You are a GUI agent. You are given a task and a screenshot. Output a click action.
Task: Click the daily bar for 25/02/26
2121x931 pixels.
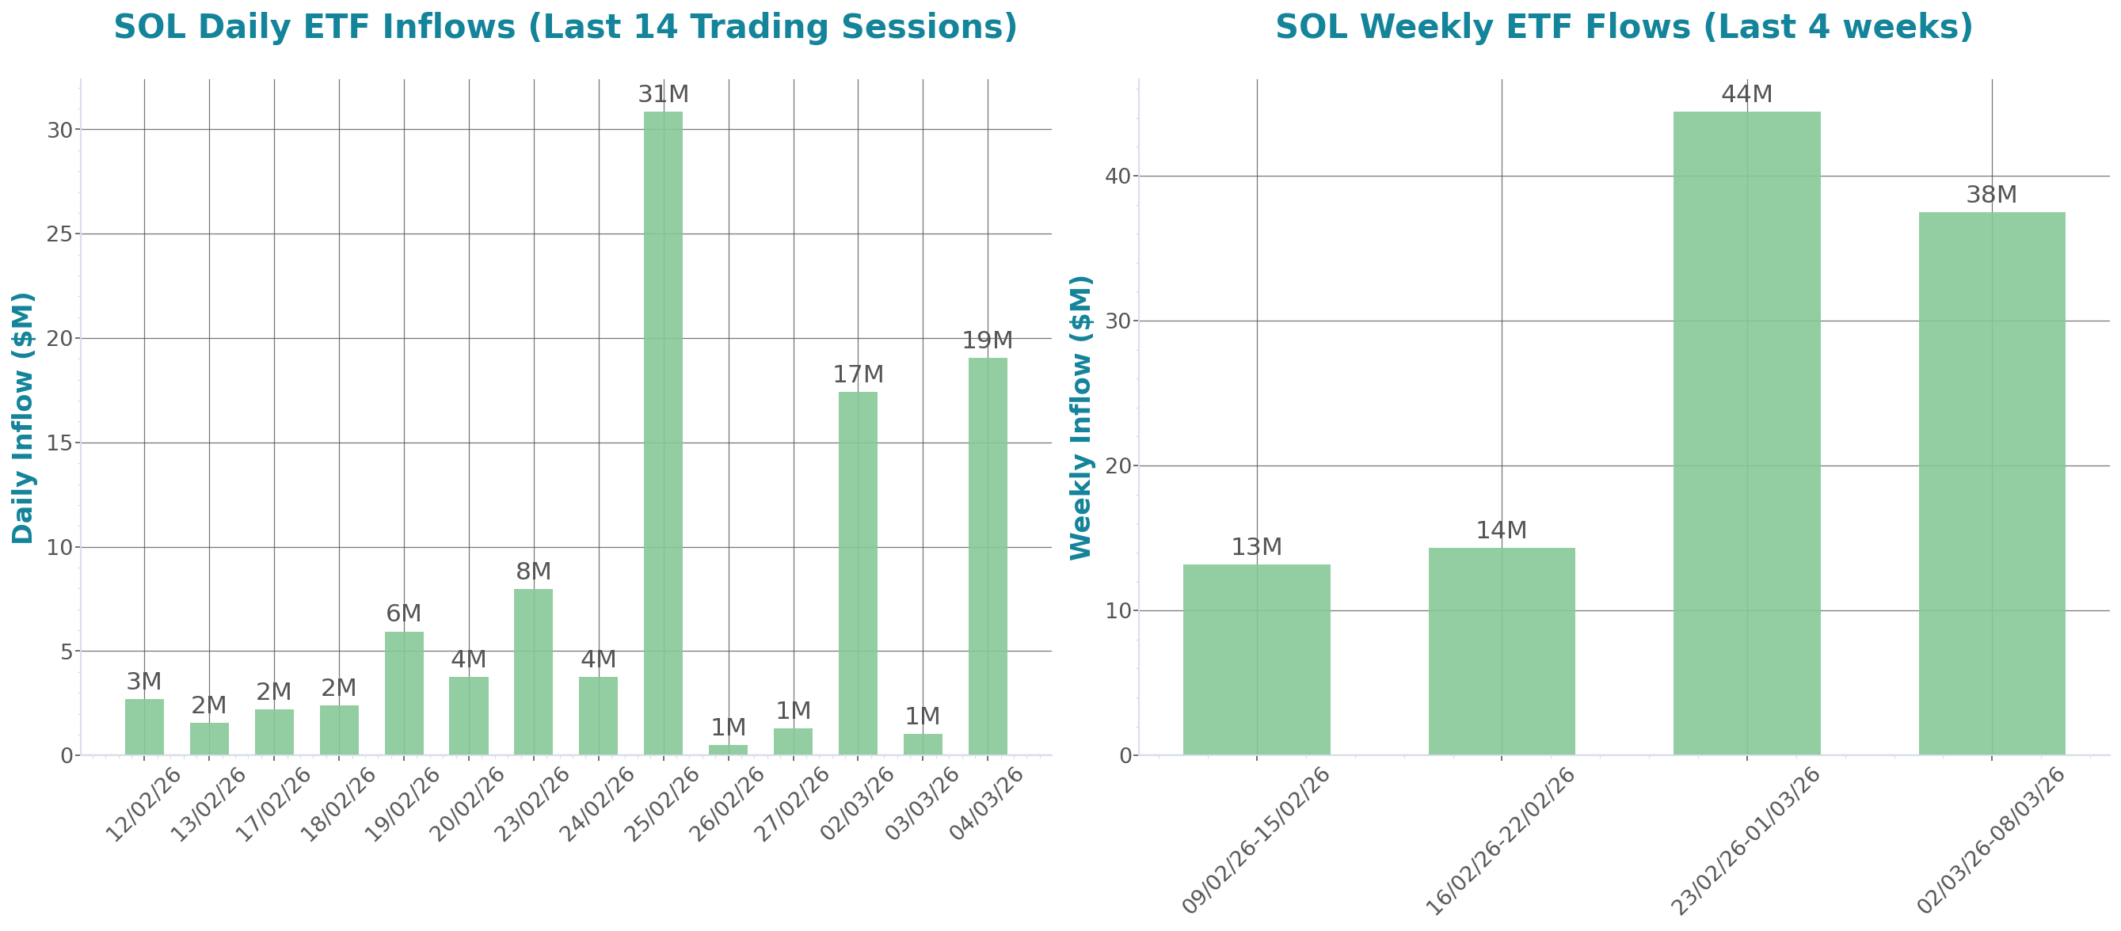tap(663, 432)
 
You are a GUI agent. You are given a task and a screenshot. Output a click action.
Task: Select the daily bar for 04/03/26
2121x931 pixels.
tap(987, 556)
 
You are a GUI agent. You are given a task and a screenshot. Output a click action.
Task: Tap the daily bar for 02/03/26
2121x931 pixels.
tap(858, 573)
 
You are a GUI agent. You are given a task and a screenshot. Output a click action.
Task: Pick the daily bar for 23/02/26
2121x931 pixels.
tap(534, 671)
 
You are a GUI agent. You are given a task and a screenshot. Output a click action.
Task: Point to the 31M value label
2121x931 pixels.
tap(663, 95)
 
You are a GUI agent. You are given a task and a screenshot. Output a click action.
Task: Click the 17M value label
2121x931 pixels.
tap(858, 375)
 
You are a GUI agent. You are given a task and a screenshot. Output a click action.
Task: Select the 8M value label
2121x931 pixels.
tap(534, 572)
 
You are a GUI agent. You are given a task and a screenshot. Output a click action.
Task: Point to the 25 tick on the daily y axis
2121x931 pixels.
tap(60, 234)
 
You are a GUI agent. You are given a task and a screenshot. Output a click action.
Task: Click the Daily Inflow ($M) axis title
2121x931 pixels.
tap(23, 417)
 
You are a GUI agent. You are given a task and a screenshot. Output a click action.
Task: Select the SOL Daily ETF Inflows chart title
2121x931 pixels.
tap(565, 27)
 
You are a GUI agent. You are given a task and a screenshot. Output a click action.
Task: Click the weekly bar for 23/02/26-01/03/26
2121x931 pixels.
tap(1746, 432)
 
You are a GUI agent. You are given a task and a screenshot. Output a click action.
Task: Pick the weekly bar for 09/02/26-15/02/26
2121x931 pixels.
tap(1256, 659)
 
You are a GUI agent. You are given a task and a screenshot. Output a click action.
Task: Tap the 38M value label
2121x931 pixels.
tap(1991, 195)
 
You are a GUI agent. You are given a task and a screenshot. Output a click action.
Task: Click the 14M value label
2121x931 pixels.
tap(1501, 531)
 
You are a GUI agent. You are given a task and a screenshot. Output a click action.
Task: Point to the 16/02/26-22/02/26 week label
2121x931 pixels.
tap(1500, 841)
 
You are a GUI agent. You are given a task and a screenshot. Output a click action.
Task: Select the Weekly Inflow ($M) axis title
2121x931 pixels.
tap(1080, 417)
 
